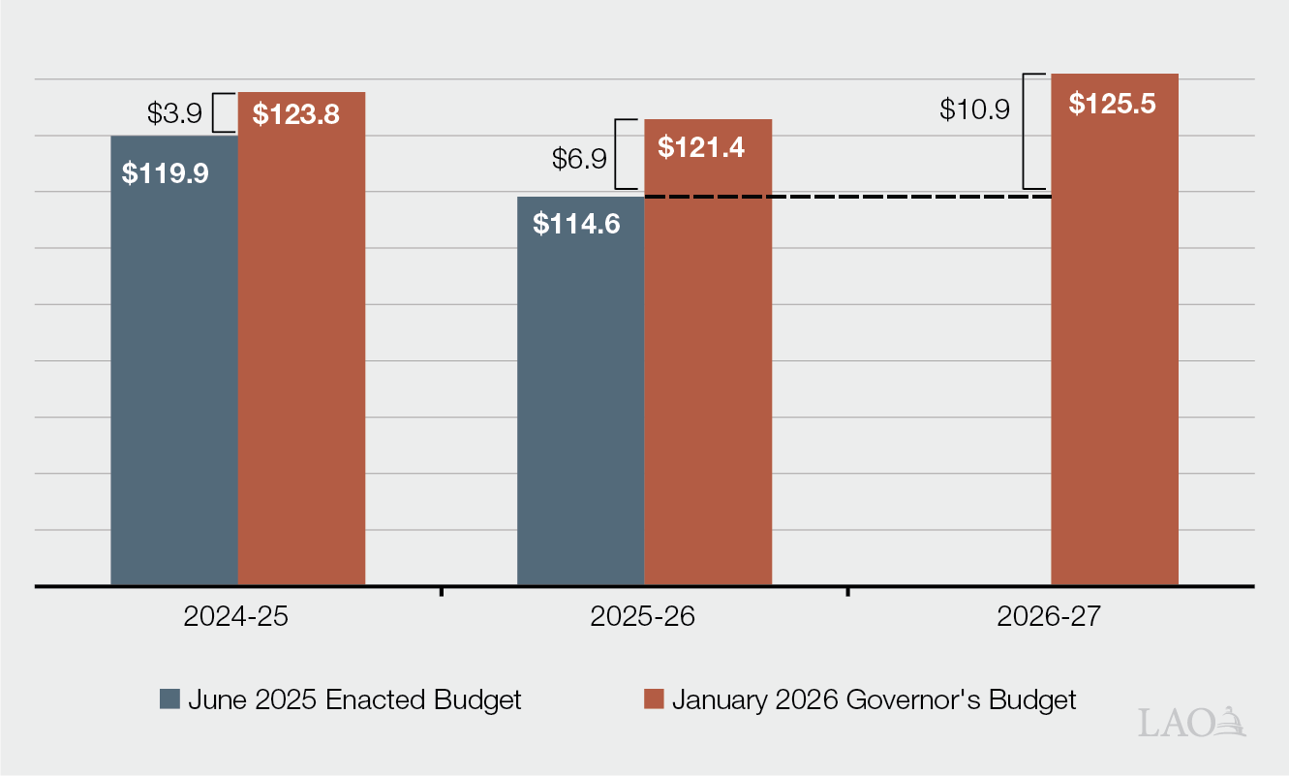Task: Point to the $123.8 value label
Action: pyautogui.click(x=295, y=114)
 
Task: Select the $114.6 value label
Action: pyautogui.click(x=576, y=223)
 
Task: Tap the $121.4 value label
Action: pyautogui.click(x=701, y=147)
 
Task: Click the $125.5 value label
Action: pyautogui.click(x=1112, y=104)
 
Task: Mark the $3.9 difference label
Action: pyautogui.click(x=174, y=113)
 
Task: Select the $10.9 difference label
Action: pyautogui.click(x=974, y=109)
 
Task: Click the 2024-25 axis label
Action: pyautogui.click(x=236, y=617)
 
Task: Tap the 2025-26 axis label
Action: pyautogui.click(x=643, y=617)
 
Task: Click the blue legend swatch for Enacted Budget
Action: pyautogui.click(x=170, y=699)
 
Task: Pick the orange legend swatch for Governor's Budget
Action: pyautogui.click(x=655, y=699)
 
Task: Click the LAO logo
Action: pyautogui.click(x=1191, y=722)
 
